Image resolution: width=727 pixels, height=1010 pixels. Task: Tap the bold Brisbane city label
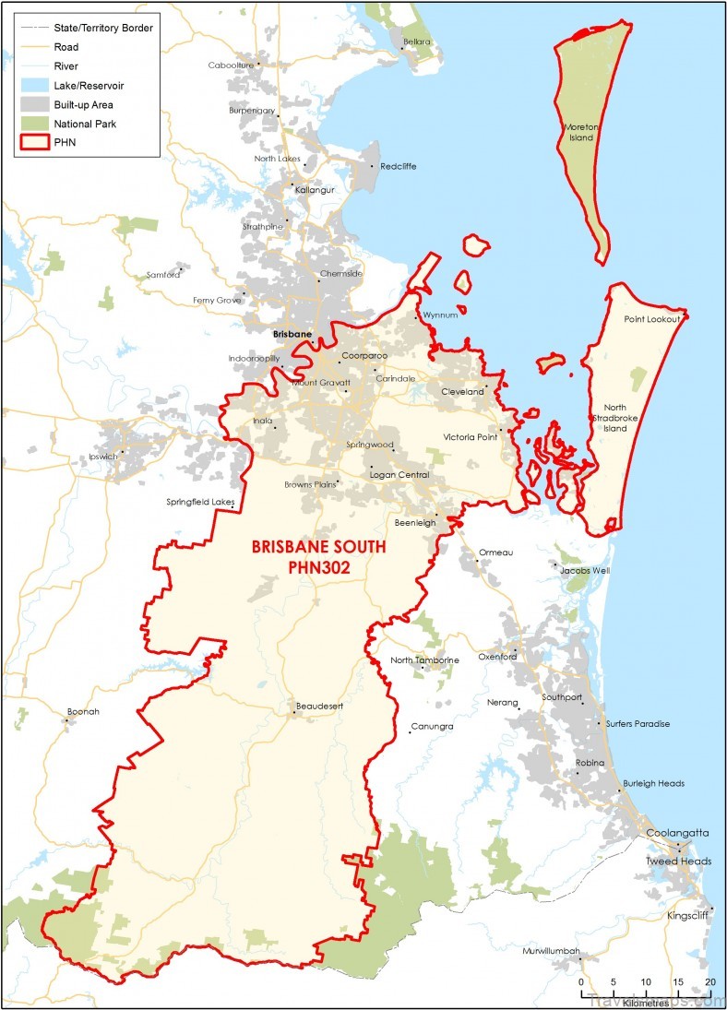click(292, 334)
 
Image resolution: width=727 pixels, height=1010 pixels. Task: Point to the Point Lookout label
click(651, 319)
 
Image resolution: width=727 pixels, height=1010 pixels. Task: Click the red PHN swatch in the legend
click(33, 142)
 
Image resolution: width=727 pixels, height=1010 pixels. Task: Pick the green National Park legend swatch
click(33, 123)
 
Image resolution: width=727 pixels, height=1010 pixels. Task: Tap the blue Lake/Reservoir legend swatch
click(33, 85)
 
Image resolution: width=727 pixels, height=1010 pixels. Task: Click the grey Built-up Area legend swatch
click(33, 103)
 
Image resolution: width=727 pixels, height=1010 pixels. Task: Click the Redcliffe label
click(398, 166)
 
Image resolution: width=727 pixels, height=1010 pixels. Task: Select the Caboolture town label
click(232, 65)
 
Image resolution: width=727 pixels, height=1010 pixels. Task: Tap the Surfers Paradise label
click(638, 724)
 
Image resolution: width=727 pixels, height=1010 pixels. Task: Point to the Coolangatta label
click(677, 832)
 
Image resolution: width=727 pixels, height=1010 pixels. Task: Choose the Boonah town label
click(83, 711)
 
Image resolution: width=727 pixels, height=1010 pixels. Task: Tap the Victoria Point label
click(470, 437)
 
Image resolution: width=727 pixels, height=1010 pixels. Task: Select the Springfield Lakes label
click(200, 503)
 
